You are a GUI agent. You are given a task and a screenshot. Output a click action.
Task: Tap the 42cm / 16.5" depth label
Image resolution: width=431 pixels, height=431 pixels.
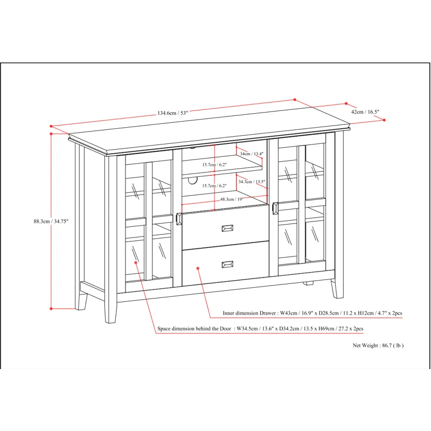(365, 112)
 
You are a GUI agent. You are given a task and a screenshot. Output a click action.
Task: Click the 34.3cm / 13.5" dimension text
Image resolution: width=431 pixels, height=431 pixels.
(252, 182)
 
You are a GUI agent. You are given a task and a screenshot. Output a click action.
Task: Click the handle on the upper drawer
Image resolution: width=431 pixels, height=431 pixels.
(227, 228)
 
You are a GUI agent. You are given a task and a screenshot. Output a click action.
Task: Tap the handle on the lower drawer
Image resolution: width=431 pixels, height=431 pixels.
(227, 264)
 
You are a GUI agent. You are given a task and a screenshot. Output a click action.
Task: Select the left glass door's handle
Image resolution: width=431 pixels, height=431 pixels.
(179, 218)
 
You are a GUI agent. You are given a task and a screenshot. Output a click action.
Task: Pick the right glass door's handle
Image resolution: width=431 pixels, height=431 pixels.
(275, 208)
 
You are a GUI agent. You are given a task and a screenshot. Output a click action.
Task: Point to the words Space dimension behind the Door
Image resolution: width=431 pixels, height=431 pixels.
(194, 329)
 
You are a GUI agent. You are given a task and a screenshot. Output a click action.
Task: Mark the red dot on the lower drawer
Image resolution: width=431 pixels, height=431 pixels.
(198, 268)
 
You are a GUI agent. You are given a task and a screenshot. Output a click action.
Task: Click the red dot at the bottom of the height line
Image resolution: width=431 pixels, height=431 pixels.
(51, 309)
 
